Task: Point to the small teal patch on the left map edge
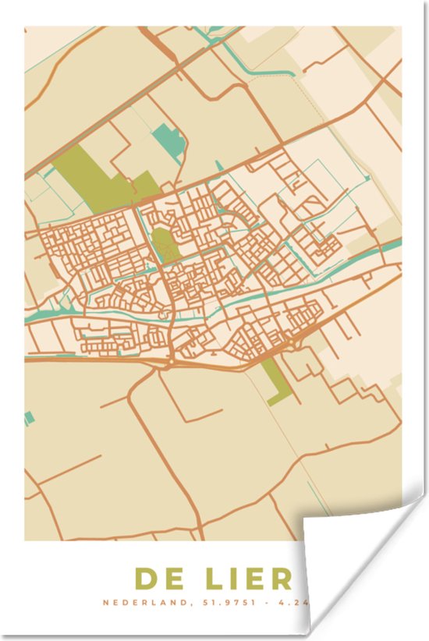(x=29, y=418)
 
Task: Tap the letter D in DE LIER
(x=147, y=579)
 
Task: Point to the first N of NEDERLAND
(x=107, y=603)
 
